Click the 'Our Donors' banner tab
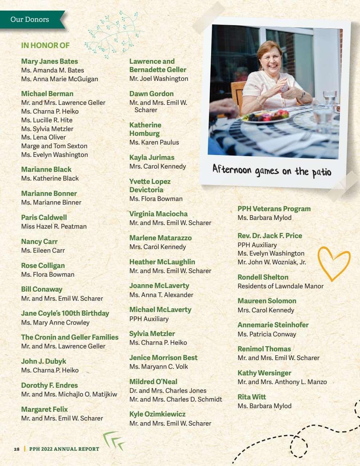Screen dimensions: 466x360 (x=30, y=19)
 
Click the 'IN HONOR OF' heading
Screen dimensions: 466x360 (x=45, y=46)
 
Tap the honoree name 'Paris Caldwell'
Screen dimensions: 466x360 (x=44, y=217)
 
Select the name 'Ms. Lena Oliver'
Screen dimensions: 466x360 (x=43, y=137)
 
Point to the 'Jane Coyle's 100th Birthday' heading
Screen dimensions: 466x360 (x=65, y=313)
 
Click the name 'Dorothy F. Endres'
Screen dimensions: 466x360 (x=50, y=385)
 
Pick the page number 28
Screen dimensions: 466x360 (x=17, y=449)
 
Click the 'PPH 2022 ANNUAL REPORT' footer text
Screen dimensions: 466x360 (x=64, y=449)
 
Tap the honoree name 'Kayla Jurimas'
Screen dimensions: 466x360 (x=152, y=157)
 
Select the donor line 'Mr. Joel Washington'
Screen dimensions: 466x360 (x=159, y=79)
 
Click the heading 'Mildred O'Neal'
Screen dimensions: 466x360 (x=153, y=382)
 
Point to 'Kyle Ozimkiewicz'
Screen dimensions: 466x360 (x=157, y=414)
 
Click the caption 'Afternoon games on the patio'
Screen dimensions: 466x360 (x=272, y=170)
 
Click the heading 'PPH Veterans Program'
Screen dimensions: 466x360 (x=274, y=209)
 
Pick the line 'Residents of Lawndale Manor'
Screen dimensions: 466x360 (x=280, y=286)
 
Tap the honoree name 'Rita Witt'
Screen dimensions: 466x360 (x=252, y=397)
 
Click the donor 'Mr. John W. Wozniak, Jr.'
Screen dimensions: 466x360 (x=272, y=262)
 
